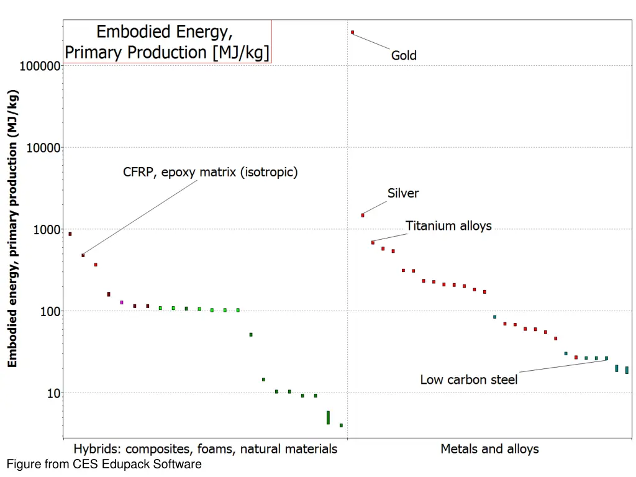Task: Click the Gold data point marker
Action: (352, 32)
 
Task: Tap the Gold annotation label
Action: (404, 55)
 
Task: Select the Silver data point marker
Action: (363, 215)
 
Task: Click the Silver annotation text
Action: (403, 193)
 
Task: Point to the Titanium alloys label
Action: (448, 225)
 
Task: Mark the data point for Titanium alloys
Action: (373, 242)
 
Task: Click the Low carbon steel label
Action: (468, 379)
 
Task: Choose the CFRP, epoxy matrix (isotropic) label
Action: (210, 172)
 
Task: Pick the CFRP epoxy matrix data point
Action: (83, 255)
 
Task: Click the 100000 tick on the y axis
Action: (40, 66)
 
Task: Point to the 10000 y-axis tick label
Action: (43, 148)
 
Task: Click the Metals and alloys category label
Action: (489, 448)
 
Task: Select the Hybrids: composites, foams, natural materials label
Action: (206, 448)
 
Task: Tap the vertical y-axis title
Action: (13, 228)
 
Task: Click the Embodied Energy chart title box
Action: (168, 41)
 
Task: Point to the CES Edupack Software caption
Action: (104, 464)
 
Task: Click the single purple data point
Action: (122, 302)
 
